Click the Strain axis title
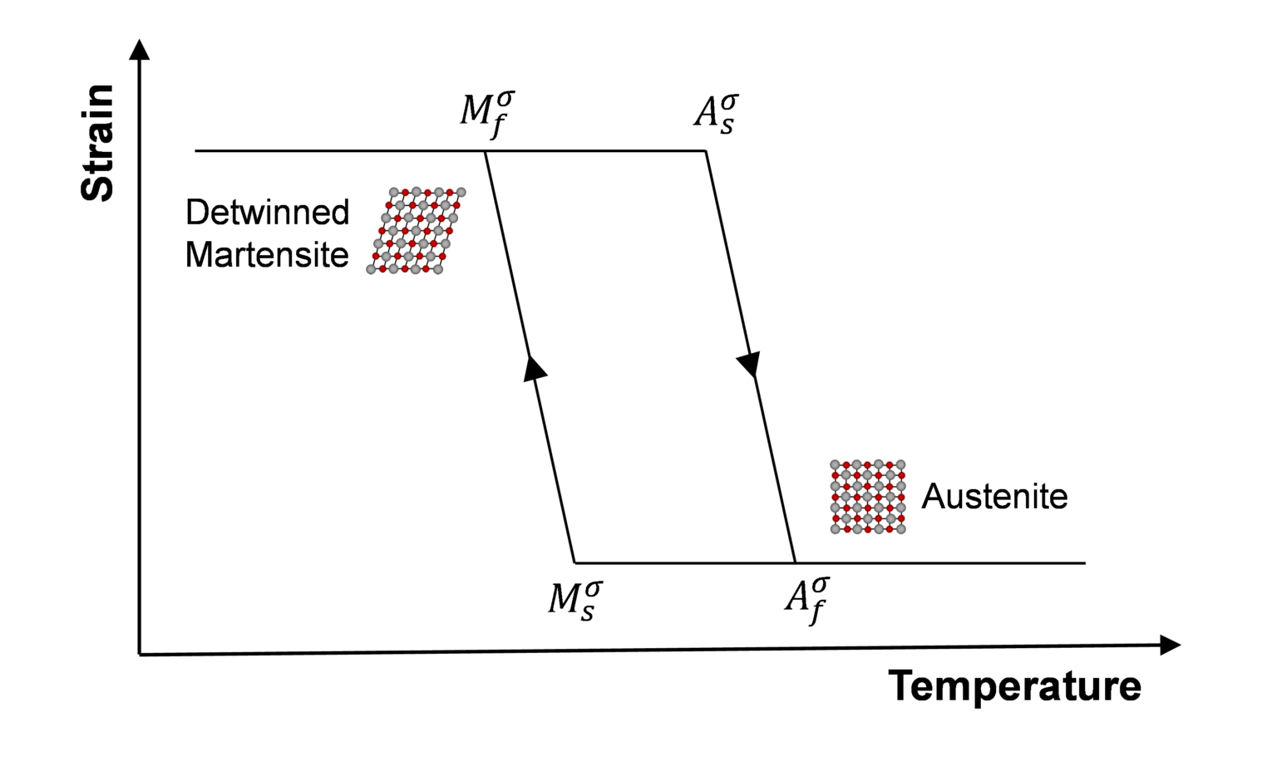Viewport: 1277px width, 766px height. [97, 142]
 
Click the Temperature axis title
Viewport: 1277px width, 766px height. [1014, 686]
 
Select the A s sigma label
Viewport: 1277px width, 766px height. [716, 114]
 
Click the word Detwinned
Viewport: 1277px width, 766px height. [267, 213]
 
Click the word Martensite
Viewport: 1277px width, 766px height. [267, 255]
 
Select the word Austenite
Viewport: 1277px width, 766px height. [994, 497]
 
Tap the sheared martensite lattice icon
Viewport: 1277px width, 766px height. [416, 231]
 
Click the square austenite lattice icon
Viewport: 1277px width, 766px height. [868, 496]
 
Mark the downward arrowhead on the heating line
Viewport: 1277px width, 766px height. [749, 364]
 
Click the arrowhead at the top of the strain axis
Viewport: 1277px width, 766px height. [141, 49]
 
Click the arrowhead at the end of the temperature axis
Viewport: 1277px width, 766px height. [1170, 645]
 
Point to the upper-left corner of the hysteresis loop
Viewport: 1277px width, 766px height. [486, 151]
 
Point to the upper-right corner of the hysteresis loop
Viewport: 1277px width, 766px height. [706, 151]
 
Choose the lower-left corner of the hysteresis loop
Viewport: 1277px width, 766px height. [574, 562]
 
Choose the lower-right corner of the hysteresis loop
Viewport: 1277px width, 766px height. [795, 562]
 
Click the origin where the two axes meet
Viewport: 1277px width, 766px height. [140, 654]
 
